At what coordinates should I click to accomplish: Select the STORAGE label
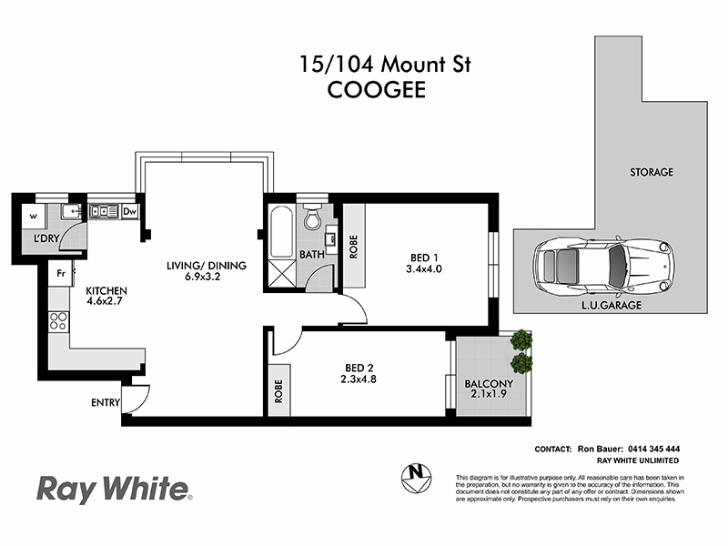point(651,172)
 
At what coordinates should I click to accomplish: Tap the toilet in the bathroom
point(312,219)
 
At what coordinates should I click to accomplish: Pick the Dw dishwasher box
point(129,212)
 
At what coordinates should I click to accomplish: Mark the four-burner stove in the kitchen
point(59,320)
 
